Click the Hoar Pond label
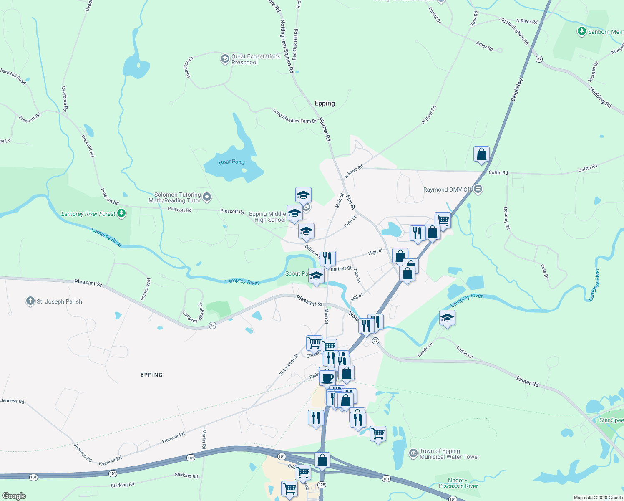tap(231, 162)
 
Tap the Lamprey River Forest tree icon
tap(121, 213)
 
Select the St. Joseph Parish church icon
tap(30, 301)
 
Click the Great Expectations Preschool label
tap(256, 59)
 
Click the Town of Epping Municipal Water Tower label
tap(449, 454)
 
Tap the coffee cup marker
tap(327, 378)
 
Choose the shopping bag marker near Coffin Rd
tap(481, 154)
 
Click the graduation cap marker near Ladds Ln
tap(447, 318)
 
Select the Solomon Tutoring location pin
tap(207, 196)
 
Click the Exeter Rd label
tap(527, 381)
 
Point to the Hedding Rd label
tap(600, 97)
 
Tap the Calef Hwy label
tap(517, 90)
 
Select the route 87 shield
tap(539, 59)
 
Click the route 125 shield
tap(321, 485)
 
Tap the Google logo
tap(14, 496)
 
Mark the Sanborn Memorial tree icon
tap(581, 31)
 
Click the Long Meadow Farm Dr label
tap(294, 116)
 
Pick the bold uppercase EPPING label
tap(151, 375)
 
